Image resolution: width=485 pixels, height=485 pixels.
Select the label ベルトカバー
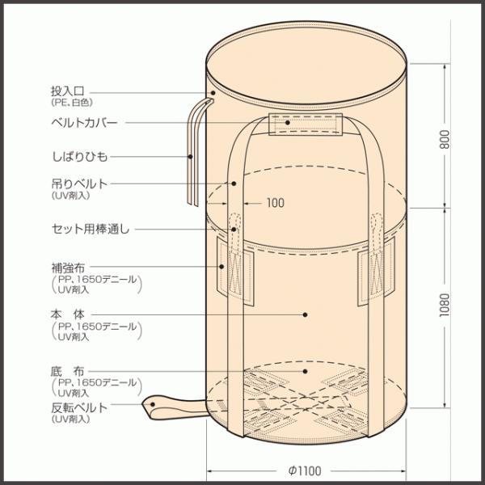83,122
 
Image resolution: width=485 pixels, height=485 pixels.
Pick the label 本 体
67,313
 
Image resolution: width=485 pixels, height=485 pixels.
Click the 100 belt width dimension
275,203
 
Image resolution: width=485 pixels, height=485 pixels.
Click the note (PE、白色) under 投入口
71,104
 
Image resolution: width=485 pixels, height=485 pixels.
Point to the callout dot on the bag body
306,314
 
